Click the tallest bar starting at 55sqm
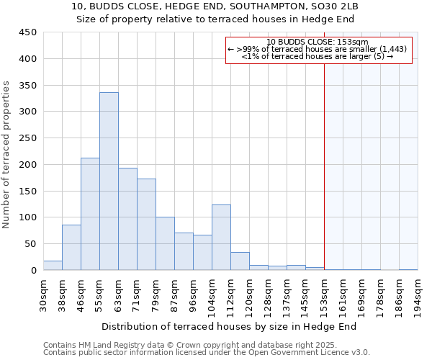109,181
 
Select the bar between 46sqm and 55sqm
90,214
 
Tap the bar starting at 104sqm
221,238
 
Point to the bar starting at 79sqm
165,243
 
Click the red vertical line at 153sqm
324,166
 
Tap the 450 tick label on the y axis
27,32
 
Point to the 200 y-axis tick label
27,165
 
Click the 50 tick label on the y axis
30,244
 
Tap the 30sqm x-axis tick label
43,294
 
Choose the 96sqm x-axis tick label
193,294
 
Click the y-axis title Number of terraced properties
6,155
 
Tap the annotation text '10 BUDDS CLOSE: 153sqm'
318,42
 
